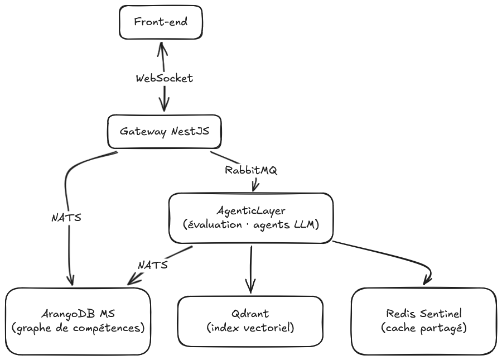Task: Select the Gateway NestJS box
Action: pos(164,132)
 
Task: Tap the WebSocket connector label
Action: pos(164,79)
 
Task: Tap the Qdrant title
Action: pos(250,314)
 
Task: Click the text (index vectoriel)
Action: pos(250,328)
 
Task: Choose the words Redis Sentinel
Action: pos(424,314)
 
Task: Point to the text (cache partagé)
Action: pos(424,328)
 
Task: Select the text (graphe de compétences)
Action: pos(78,328)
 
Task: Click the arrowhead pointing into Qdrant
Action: pos(250,288)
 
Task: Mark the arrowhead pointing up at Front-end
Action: pos(161,46)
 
